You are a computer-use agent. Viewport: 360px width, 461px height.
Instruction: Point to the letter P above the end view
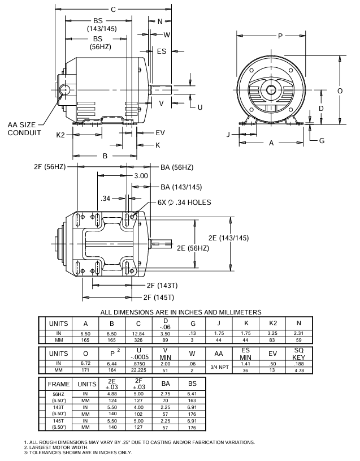click(280, 36)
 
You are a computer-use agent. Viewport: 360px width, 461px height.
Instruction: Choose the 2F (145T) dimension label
click(158, 297)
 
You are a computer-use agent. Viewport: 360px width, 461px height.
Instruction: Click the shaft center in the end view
click(272, 90)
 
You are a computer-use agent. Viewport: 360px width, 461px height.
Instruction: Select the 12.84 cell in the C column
click(139, 334)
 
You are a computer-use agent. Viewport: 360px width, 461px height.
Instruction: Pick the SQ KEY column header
click(299, 355)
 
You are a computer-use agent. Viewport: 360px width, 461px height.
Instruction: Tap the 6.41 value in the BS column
click(192, 394)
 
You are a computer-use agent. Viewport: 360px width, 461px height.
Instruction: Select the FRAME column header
click(58, 384)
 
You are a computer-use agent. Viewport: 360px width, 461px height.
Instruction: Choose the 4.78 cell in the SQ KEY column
click(299, 370)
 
